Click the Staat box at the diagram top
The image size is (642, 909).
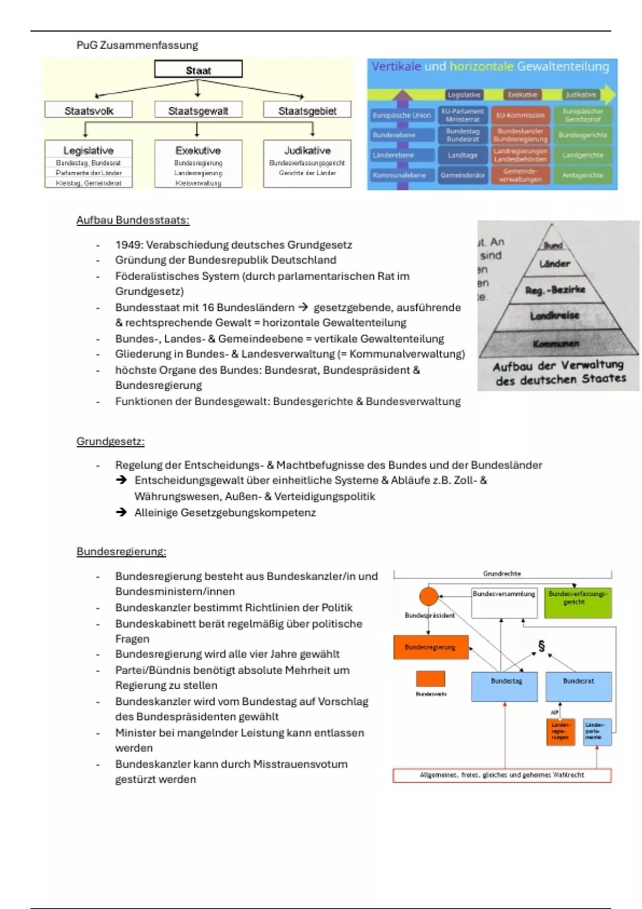tap(198, 70)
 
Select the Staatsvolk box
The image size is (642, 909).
tap(88, 111)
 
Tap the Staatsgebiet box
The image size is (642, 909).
tap(307, 111)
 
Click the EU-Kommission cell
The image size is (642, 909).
tap(520, 115)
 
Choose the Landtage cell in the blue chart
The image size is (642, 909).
tap(463, 155)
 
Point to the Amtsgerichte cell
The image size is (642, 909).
tap(583, 175)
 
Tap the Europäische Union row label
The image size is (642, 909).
tap(401, 115)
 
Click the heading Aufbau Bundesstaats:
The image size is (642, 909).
tap(133, 220)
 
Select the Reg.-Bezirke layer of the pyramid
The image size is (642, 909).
tap(555, 290)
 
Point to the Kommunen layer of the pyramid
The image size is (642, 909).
tap(556, 344)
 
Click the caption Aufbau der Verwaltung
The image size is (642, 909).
tap(558, 366)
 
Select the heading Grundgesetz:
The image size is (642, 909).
tap(110, 442)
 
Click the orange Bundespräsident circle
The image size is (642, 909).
tap(429, 596)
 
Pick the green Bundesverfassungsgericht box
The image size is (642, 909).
tap(577, 603)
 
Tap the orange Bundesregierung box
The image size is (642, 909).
tap(431, 647)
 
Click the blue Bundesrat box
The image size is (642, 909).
tap(578, 686)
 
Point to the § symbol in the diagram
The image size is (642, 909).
tap(541, 646)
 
